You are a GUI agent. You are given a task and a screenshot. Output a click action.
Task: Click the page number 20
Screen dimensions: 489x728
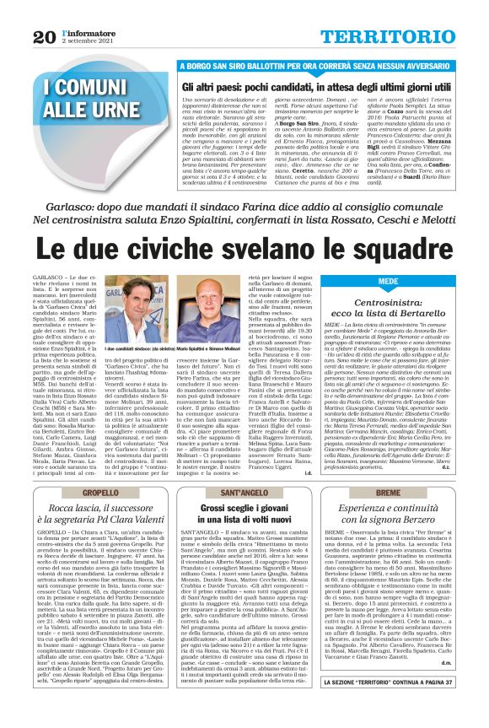point(45,36)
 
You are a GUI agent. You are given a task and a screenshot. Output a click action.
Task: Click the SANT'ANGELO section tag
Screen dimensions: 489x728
point(244,491)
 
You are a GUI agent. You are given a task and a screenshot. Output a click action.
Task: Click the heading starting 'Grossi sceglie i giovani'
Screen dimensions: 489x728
point(244,516)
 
